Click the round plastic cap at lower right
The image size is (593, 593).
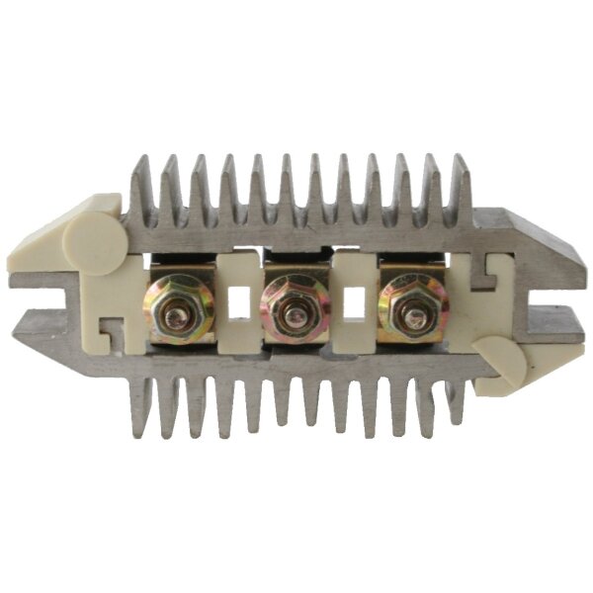[501, 362]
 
